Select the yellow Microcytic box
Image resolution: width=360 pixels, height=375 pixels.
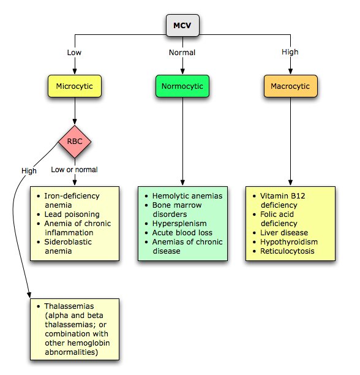point(74,86)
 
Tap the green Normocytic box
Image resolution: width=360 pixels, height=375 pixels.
point(182,86)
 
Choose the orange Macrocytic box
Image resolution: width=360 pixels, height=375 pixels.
point(291,86)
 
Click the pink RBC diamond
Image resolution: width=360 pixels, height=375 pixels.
point(74,142)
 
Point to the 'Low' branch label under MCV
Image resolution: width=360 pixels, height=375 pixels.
point(74,52)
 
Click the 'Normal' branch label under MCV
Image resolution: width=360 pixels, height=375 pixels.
point(182,52)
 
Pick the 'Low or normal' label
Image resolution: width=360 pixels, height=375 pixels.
point(75,170)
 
